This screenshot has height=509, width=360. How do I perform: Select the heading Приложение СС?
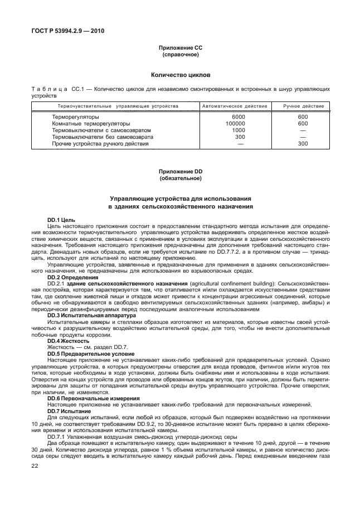(180, 49)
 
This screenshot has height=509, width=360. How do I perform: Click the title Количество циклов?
(180, 74)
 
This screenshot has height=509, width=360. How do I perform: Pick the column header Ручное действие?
(303, 105)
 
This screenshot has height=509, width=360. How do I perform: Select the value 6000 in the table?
(239, 117)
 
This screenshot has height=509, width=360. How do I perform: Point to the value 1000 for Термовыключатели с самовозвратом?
(239, 130)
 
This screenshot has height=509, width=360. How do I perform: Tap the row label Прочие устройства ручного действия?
(100, 143)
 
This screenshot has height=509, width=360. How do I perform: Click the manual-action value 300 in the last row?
(303, 143)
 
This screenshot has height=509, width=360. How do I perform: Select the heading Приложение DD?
(180, 172)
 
